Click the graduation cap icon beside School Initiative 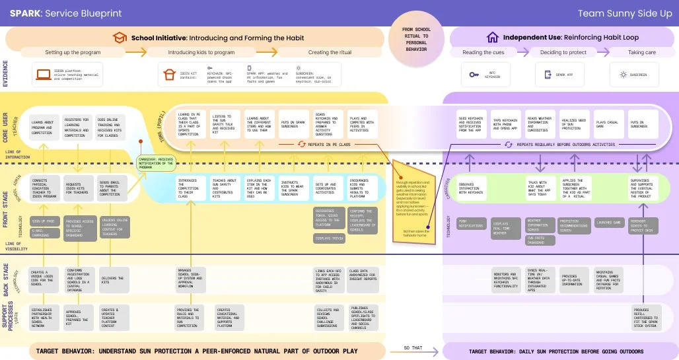click(120, 38)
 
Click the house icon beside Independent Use click(492, 38)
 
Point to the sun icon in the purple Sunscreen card click(622, 75)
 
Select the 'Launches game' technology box click(609, 222)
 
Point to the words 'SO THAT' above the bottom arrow click(413, 347)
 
